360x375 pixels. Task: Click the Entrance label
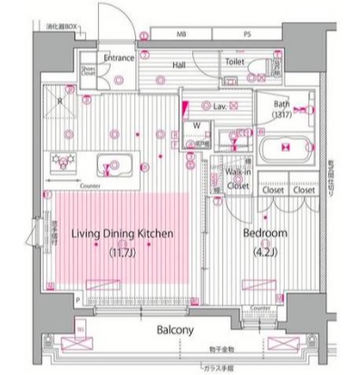[119, 58]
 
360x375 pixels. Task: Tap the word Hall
[180, 65]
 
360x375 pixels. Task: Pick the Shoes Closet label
[88, 70]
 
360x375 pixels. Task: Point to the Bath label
[282, 104]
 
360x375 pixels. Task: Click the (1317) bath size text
[282, 114]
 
